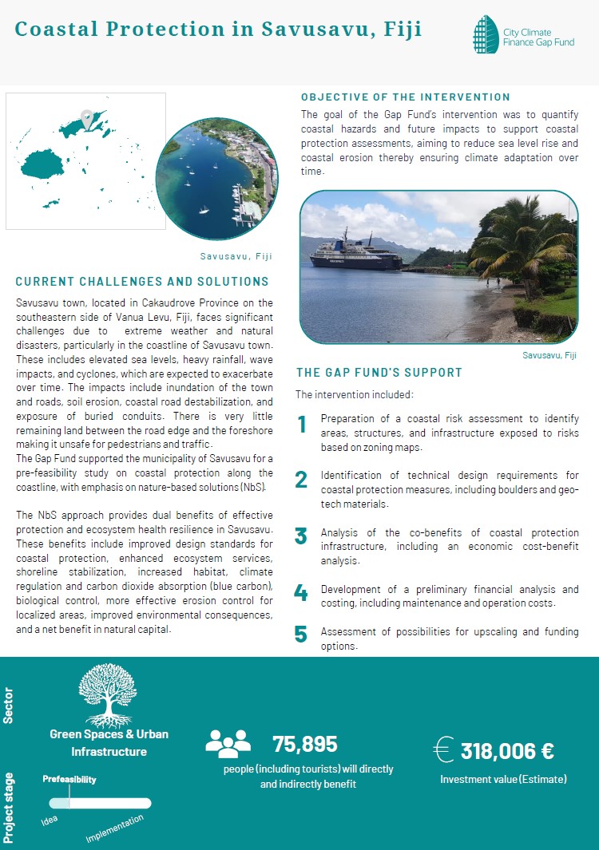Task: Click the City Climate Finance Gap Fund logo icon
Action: click(x=486, y=34)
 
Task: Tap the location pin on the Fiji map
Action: click(x=88, y=121)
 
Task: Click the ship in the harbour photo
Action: click(x=356, y=253)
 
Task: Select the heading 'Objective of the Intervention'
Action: click(x=405, y=97)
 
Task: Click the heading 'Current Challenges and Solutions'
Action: click(x=142, y=282)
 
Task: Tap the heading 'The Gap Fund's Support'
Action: click(x=379, y=373)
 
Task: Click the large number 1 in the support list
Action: click(x=302, y=425)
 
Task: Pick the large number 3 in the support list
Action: click(x=301, y=536)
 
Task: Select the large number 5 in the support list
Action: click(x=301, y=635)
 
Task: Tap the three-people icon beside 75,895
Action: click(x=228, y=744)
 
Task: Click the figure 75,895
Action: click(x=305, y=744)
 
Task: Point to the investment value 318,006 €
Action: click(x=507, y=750)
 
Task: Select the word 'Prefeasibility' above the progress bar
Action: click(x=69, y=779)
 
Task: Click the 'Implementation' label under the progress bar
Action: click(x=115, y=828)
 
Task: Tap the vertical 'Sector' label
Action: click(x=9, y=708)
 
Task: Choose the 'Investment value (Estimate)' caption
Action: click(x=503, y=779)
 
